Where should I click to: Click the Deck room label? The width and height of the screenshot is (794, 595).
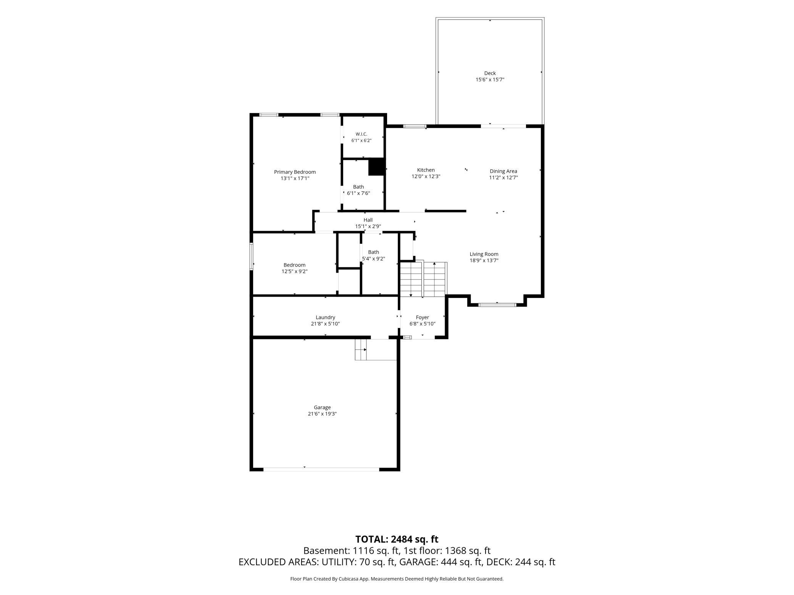490,73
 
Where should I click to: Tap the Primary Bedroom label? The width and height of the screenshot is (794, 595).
295,172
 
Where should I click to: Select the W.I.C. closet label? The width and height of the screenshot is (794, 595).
361,134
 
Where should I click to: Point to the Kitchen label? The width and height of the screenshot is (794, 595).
426,170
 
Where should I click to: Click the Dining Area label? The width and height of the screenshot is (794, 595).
503,171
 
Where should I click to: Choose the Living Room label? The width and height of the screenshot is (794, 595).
484,254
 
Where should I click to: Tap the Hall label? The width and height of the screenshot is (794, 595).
368,220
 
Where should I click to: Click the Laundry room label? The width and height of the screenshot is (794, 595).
325,317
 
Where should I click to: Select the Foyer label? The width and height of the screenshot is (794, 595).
422,317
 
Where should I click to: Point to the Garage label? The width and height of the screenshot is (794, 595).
322,407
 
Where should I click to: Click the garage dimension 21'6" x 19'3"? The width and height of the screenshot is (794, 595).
322,414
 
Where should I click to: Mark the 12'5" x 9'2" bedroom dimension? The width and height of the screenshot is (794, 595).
294,272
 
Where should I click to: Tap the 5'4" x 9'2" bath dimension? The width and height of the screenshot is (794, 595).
373,259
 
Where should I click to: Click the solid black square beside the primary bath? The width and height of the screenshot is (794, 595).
376,167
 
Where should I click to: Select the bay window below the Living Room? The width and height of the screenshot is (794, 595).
497,305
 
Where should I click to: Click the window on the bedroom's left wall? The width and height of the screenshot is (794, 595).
251,256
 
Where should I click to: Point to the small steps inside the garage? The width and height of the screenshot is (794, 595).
361,349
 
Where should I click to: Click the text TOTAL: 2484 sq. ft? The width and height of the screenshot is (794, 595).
397,539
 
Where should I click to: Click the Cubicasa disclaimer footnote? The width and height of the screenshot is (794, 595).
397,579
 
